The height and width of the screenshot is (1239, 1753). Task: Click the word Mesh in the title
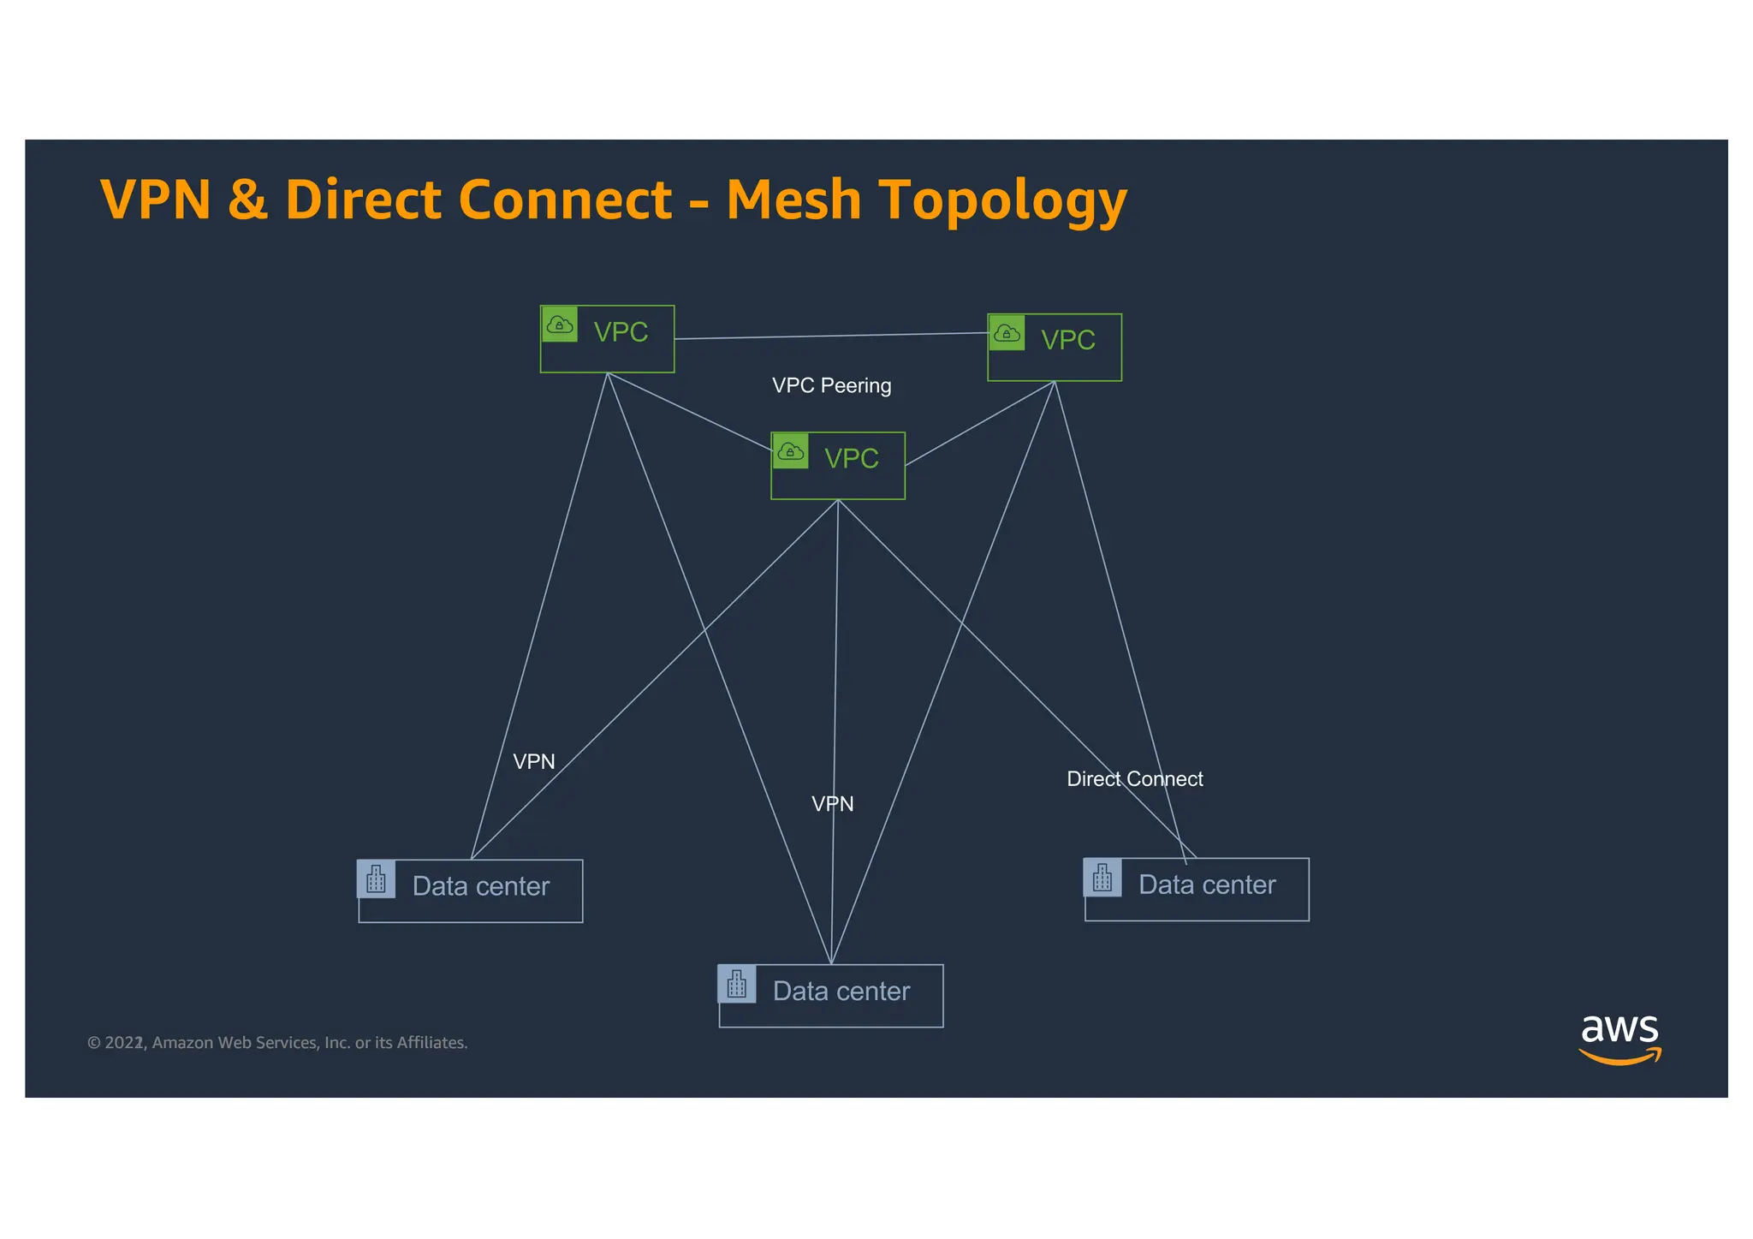793,200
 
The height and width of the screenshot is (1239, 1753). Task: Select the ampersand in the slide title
247,200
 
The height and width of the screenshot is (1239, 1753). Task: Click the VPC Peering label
831,385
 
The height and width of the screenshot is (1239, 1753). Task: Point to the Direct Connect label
1134,778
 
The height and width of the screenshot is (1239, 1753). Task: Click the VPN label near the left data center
533,761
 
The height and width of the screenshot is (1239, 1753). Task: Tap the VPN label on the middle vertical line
832,803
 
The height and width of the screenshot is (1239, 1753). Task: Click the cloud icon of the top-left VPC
560,325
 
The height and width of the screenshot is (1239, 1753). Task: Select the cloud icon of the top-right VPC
1007,333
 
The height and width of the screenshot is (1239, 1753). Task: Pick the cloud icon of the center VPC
790,451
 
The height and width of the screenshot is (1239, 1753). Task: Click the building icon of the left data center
376,879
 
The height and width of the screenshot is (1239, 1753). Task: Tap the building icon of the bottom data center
737,984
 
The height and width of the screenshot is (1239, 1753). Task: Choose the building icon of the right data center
1102,878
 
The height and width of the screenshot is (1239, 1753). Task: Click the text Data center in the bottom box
841,991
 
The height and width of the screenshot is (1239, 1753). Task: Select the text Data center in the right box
1206,885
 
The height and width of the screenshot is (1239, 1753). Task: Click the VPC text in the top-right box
1067,340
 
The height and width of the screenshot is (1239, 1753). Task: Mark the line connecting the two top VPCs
830,336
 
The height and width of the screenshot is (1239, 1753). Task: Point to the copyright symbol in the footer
93,1043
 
